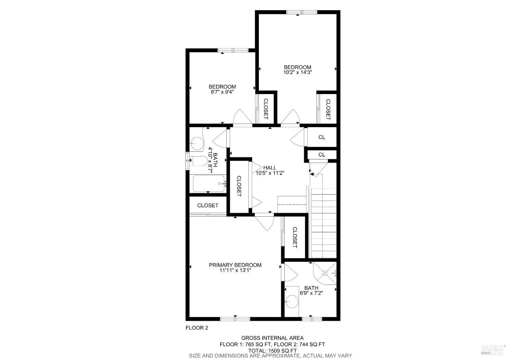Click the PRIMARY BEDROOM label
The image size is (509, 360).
(235, 265)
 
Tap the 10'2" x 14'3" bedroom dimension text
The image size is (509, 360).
(298, 72)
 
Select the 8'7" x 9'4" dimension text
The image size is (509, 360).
(222, 92)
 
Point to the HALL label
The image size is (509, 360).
(270, 167)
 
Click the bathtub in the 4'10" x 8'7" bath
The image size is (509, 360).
(209, 184)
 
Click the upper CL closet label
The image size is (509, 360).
(322, 137)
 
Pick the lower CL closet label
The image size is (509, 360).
(322, 155)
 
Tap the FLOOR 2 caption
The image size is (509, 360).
(196, 328)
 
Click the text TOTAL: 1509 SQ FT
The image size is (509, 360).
(272, 350)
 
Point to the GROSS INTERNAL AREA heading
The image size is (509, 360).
(272, 338)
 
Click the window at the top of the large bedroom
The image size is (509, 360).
(302, 12)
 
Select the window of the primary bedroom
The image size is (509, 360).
(235, 319)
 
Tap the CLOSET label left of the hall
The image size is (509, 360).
(239, 186)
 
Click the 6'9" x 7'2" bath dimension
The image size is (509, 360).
(311, 293)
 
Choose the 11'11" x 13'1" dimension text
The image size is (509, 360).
(235, 270)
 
